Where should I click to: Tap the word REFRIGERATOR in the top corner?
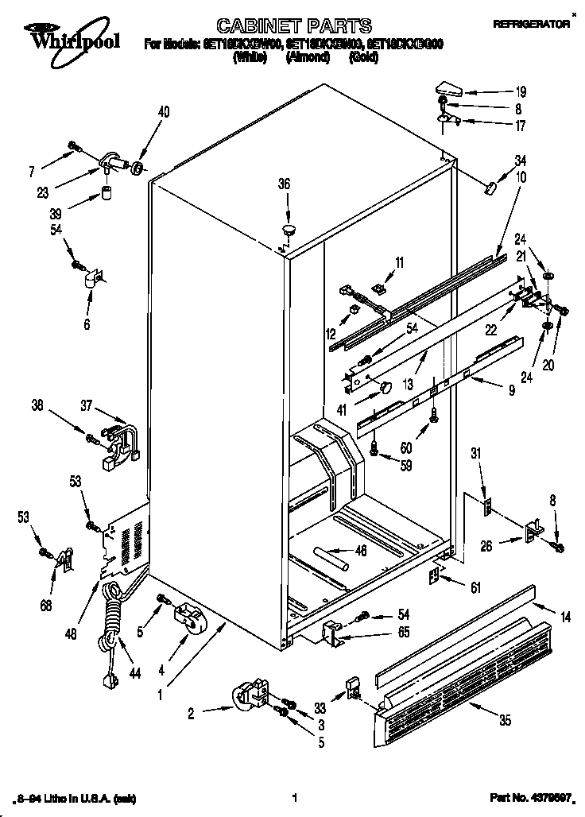(x=531, y=25)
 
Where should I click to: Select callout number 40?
(x=164, y=112)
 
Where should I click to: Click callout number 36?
(x=285, y=184)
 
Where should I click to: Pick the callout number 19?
(x=521, y=91)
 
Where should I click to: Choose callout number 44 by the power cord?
(x=134, y=674)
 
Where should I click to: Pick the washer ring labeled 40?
(x=138, y=168)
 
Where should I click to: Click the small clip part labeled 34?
(x=490, y=188)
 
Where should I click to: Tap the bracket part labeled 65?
(x=332, y=633)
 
